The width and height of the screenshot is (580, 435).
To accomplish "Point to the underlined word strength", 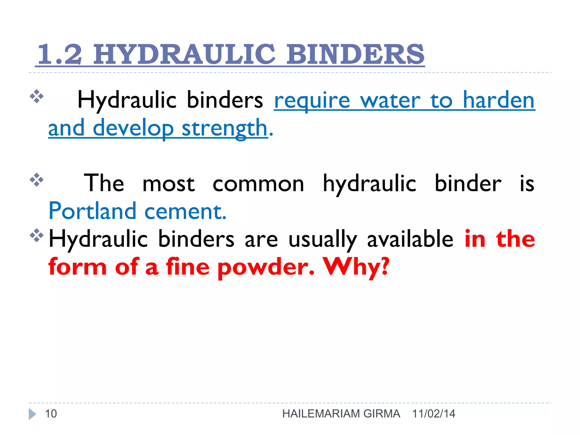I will tap(225, 128).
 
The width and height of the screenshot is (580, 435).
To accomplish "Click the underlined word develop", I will tap(133, 128).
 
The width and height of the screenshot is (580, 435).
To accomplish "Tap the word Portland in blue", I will tap(93, 211).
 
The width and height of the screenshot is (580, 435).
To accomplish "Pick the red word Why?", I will tap(356, 267).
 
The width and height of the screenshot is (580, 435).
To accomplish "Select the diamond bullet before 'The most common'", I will tap(37, 180).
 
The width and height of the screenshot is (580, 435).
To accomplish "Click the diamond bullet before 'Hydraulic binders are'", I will tap(37, 235).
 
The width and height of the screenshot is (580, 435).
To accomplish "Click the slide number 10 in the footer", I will tap(51, 414).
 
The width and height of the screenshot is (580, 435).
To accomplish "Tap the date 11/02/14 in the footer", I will tap(434, 414).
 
